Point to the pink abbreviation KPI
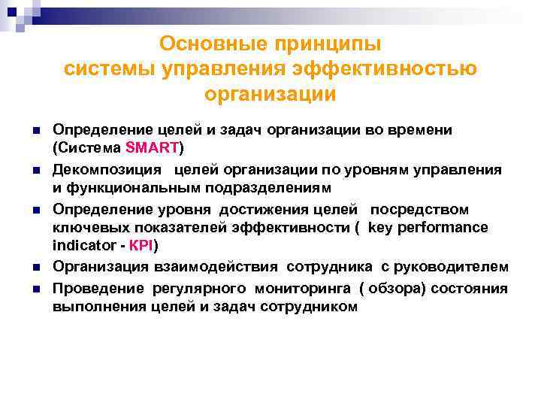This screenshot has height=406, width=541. pyautogui.click(x=144, y=246)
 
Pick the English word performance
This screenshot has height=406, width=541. pyautogui.click(x=443, y=227)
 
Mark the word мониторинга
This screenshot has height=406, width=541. pyautogui.click(x=305, y=288)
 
